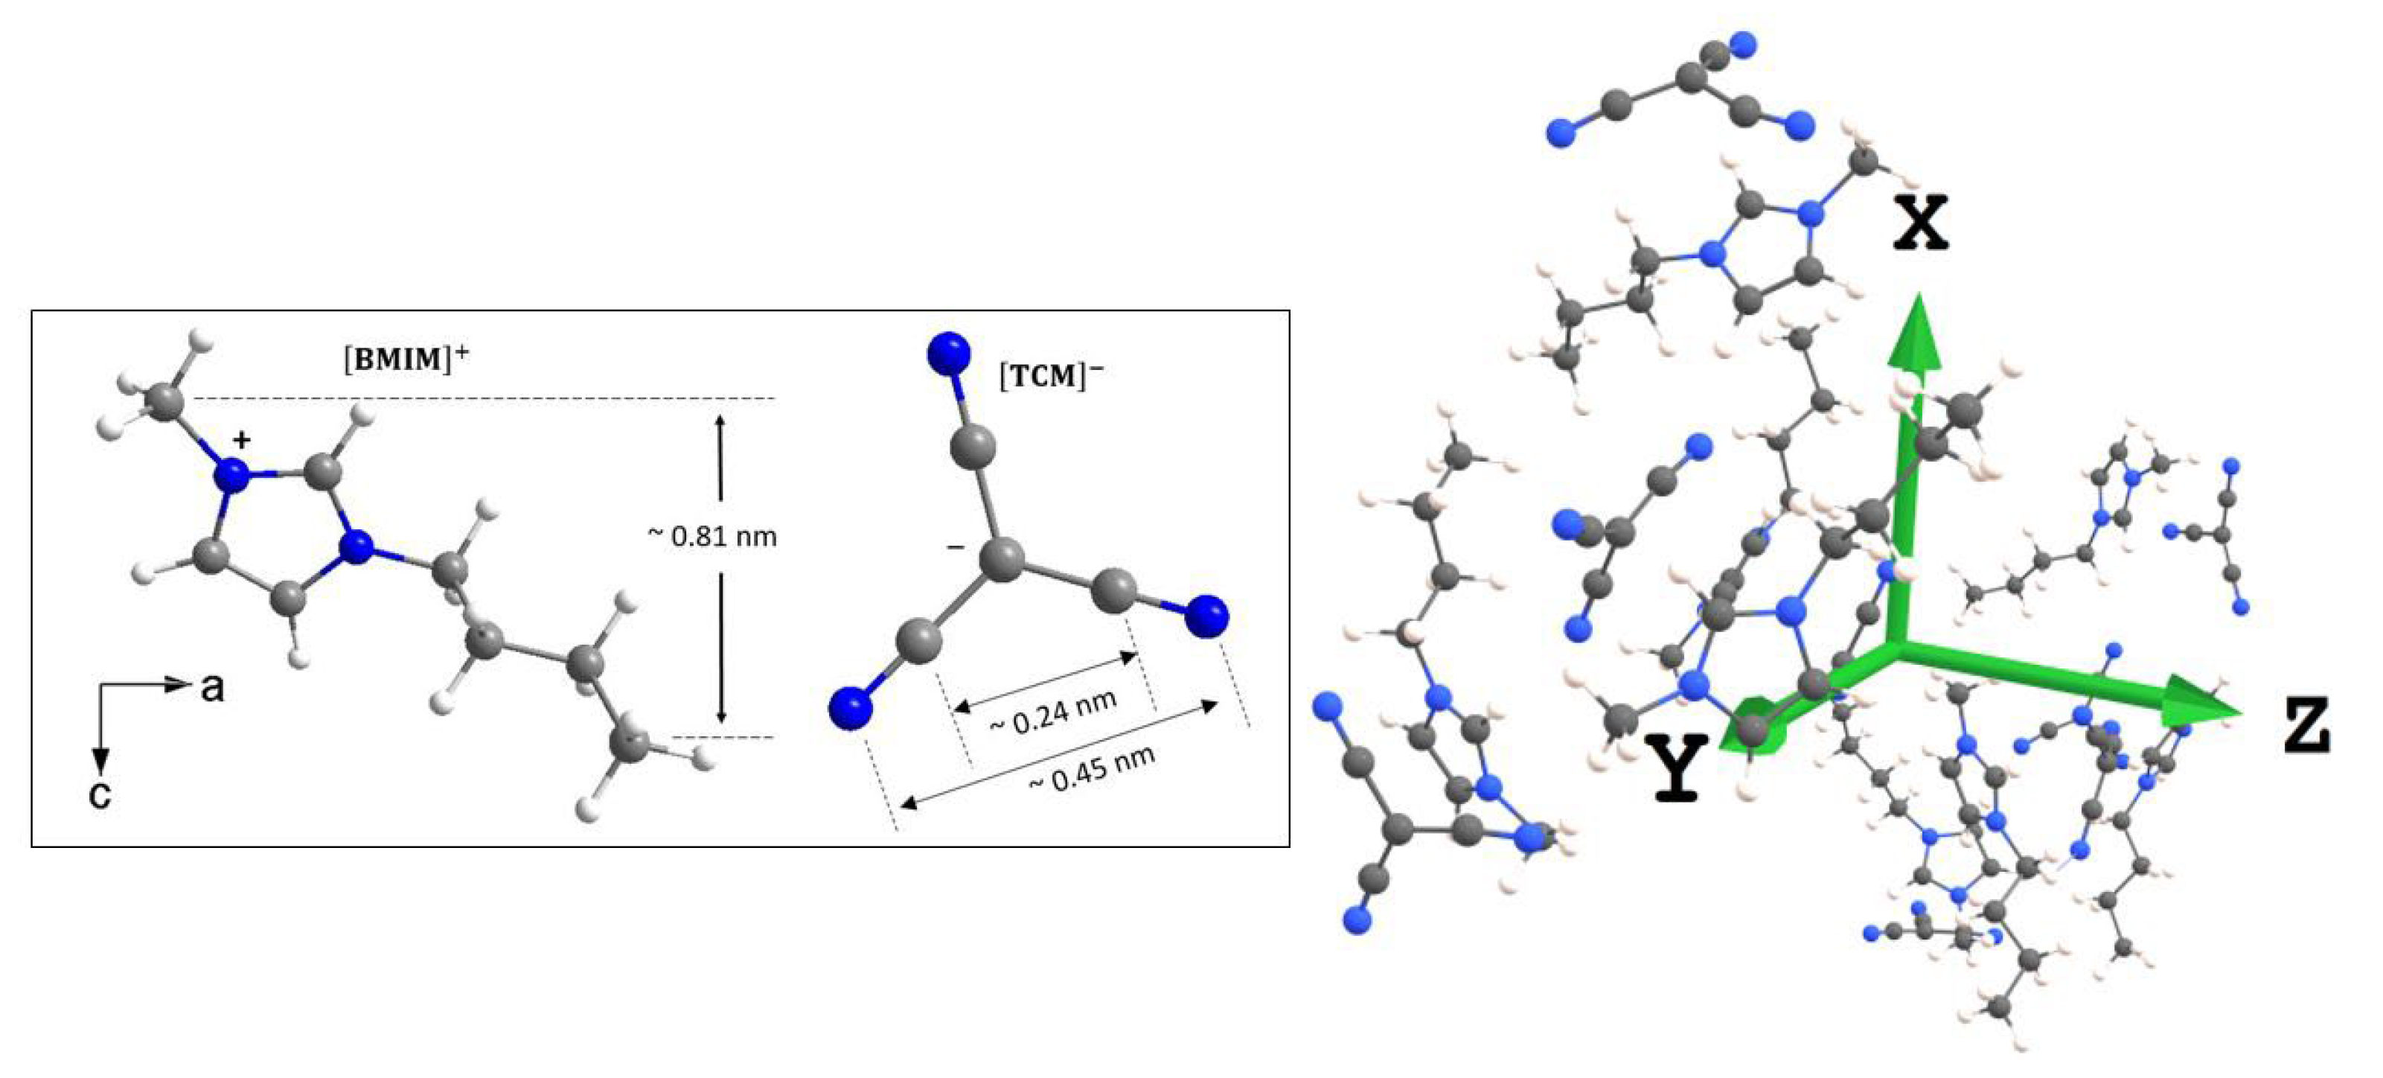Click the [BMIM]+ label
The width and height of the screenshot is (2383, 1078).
click(x=405, y=359)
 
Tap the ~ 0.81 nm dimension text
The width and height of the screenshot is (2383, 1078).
click(x=711, y=536)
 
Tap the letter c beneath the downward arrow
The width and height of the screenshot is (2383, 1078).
click(x=100, y=793)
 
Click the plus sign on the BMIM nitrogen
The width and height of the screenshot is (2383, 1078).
click(x=241, y=441)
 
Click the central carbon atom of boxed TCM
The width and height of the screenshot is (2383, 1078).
click(x=1002, y=561)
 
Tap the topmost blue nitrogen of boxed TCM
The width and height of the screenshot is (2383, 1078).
click(x=948, y=354)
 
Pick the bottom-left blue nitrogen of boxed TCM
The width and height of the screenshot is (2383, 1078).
click(x=851, y=709)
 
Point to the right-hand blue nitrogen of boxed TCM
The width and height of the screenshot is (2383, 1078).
click(x=1206, y=616)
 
